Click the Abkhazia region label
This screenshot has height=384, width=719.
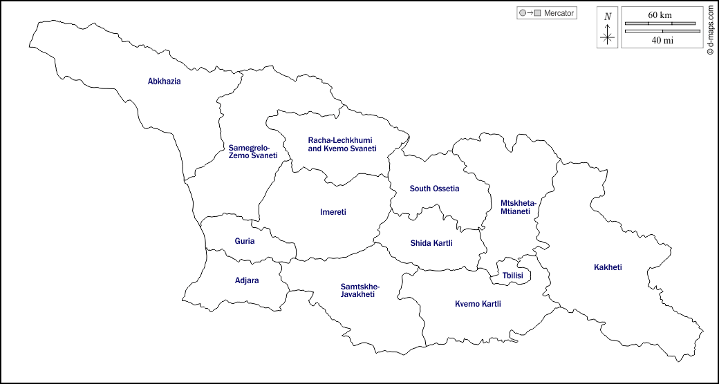pyautogui.click(x=164, y=81)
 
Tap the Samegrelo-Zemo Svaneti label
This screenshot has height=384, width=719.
pyautogui.click(x=252, y=152)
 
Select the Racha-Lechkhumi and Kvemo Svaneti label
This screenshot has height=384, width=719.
pyautogui.click(x=342, y=144)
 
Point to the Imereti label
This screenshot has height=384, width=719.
pyautogui.click(x=333, y=212)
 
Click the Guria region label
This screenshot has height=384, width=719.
pyautogui.click(x=244, y=242)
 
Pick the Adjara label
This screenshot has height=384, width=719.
pyautogui.click(x=247, y=281)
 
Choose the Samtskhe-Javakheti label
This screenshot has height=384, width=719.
pyautogui.click(x=359, y=290)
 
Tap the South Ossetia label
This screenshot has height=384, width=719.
pyautogui.click(x=434, y=189)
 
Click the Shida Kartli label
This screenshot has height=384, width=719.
pyautogui.click(x=430, y=243)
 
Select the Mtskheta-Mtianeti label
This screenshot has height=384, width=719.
pyautogui.click(x=518, y=207)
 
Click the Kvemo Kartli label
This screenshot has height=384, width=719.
pyautogui.click(x=478, y=304)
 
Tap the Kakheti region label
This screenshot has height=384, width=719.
pyautogui.click(x=608, y=267)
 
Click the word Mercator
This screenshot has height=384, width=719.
pyautogui.click(x=559, y=13)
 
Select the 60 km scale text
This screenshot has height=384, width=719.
pyautogui.click(x=660, y=15)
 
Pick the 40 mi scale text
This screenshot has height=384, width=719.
pyautogui.click(x=662, y=40)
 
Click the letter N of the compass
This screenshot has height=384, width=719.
pyautogui.click(x=608, y=17)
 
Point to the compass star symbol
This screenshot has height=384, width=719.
pyautogui.click(x=608, y=37)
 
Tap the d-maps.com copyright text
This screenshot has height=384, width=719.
pyautogui.click(x=710, y=30)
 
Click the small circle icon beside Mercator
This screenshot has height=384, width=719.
pyautogui.click(x=522, y=13)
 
